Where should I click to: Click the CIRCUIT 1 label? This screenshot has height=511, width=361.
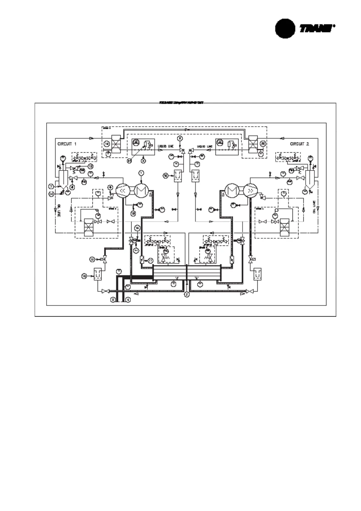pyautogui.click(x=67, y=144)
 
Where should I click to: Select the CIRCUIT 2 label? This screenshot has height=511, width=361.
pyautogui.click(x=299, y=144)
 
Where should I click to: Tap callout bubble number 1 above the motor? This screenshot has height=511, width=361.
pyautogui.click(x=141, y=173)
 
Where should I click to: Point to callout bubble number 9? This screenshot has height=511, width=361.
pyautogui.click(x=181, y=138)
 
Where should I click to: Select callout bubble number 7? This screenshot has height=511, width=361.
pyautogui.click(x=52, y=186)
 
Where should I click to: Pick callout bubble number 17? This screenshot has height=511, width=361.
pyautogui.click(x=151, y=260)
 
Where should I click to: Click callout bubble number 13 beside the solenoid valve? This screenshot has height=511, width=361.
pyautogui.click(x=92, y=259)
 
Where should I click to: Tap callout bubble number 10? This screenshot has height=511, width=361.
pyautogui.click(x=165, y=175)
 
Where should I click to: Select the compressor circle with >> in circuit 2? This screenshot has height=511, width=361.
pyautogui.click(x=251, y=191)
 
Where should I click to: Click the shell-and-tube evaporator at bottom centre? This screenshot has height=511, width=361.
pyautogui.click(x=187, y=272)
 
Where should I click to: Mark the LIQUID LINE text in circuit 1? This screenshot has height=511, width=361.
pyautogui.click(x=166, y=147)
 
